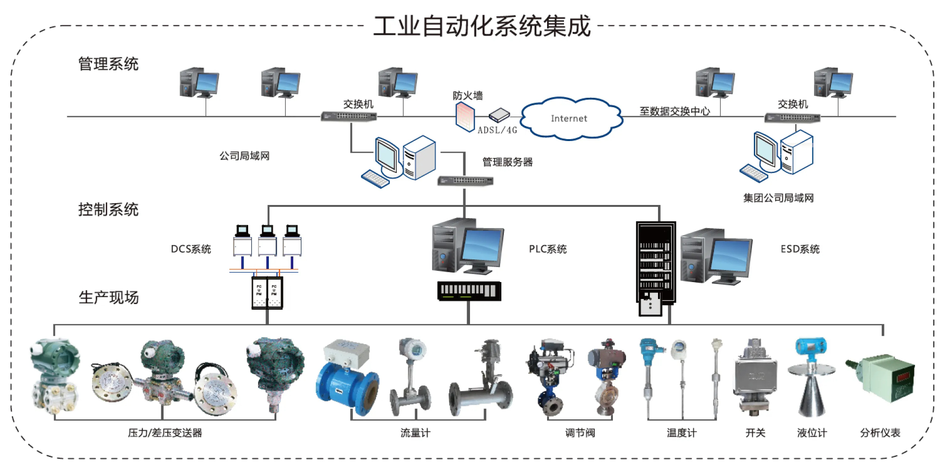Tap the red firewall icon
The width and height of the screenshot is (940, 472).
pyautogui.click(x=465, y=116)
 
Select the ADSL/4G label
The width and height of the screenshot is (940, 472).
pyautogui.click(x=497, y=130)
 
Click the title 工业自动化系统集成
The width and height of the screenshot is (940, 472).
pyautogui.click(x=482, y=26)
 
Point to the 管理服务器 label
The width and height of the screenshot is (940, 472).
pyautogui.click(x=508, y=162)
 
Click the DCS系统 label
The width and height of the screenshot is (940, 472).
pyautogui.click(x=191, y=249)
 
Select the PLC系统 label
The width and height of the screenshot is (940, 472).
pyautogui.click(x=548, y=249)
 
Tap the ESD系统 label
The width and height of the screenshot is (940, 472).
pyautogui.click(x=800, y=249)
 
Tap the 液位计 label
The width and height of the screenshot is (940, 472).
pyautogui.click(x=812, y=433)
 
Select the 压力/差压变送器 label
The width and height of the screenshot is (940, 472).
pyautogui.click(x=165, y=433)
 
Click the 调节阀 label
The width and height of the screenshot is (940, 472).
pyautogui.click(x=580, y=433)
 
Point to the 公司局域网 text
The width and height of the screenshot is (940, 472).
pyautogui.click(x=244, y=156)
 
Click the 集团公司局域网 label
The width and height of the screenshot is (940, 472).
pyautogui.click(x=778, y=198)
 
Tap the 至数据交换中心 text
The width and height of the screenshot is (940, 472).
pyautogui.click(x=674, y=111)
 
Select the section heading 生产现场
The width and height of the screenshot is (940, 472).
pyautogui.click(x=109, y=298)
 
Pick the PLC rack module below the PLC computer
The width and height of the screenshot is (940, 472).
pyautogui.click(x=469, y=291)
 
